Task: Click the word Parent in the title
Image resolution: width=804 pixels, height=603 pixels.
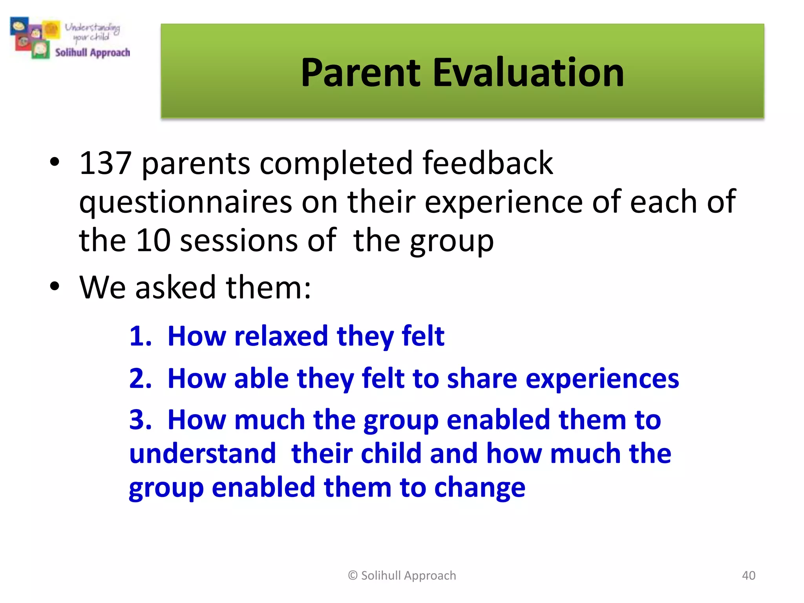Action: point(360,73)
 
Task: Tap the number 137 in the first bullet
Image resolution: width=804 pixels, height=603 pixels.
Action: point(105,163)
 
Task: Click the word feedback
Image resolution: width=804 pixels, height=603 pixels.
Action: point(487,163)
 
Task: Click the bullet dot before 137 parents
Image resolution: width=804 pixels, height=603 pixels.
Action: point(55,162)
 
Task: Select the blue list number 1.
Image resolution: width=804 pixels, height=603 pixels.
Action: point(140,336)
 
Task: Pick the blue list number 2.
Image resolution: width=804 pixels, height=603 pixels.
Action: point(140,378)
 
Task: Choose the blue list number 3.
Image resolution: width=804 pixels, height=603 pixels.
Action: point(140,420)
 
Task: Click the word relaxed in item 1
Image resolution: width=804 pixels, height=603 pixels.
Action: point(281,336)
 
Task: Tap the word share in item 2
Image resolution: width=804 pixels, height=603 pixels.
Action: point(482,378)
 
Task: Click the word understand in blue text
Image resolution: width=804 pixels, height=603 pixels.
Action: point(203,454)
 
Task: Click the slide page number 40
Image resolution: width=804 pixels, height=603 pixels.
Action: point(748,576)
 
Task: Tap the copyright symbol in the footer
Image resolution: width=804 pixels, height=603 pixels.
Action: point(353,576)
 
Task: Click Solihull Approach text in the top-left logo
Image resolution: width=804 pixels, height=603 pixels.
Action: point(92,53)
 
